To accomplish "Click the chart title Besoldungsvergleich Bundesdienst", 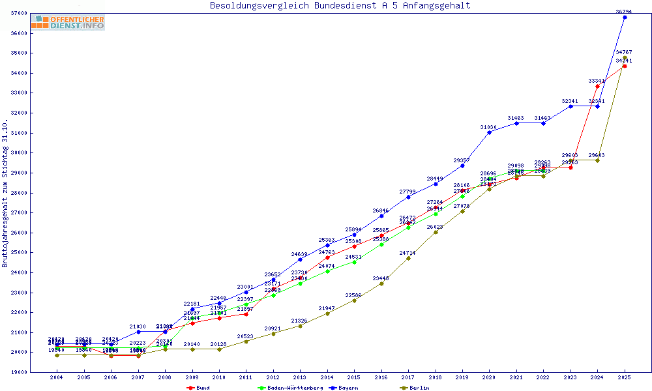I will (x=340, y=6).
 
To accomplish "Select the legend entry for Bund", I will (x=199, y=388).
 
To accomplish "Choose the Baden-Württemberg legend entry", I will (x=290, y=388).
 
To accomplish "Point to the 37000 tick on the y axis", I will (x=19, y=13).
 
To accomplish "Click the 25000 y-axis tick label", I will (x=19, y=253).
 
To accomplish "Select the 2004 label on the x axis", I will (x=57, y=377).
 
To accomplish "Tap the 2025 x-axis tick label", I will (x=625, y=377).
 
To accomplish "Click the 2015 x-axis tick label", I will (x=354, y=377).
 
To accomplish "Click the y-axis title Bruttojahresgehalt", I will (x=5, y=193).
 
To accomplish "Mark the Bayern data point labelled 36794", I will (x=625, y=17).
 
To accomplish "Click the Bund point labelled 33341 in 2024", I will (x=597, y=86).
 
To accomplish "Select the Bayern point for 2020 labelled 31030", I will (x=489, y=132).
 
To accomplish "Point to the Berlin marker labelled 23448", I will (x=381, y=283).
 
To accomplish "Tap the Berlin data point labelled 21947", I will (x=327, y=313).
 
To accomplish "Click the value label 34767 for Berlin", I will (x=624, y=52).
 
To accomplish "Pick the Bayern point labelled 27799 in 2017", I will (x=408, y=197).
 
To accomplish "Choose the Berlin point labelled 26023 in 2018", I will (x=436, y=232).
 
